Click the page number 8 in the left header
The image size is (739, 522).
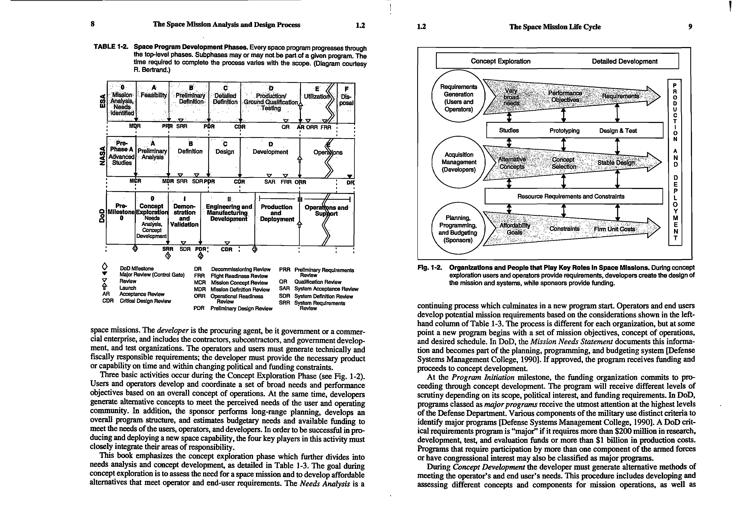pyautogui.click(x=93, y=24)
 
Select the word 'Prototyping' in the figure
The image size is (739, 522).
pyautogui.click(x=564, y=131)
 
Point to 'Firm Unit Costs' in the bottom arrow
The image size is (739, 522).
pyautogui.click(x=614, y=229)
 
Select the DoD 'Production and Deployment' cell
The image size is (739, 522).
pyautogui.click(x=276, y=213)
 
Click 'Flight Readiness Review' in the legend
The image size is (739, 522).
pyautogui.click(x=239, y=276)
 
